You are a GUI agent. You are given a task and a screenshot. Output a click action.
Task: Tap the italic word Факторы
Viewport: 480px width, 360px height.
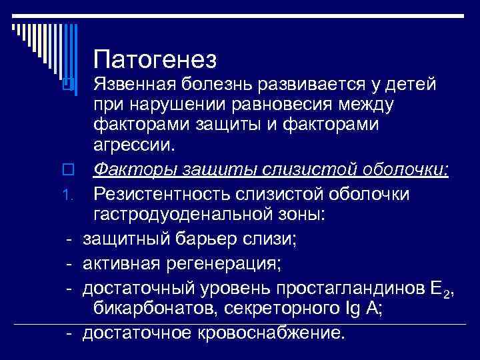131,173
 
